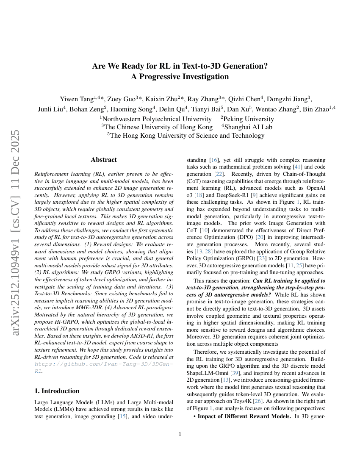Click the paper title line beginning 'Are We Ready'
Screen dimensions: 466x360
tap(180, 66)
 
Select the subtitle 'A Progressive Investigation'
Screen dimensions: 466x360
tap(180, 77)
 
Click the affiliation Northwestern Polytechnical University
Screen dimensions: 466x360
tap(156, 119)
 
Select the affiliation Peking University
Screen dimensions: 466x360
tap(248, 119)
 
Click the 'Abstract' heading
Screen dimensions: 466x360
tap(104, 160)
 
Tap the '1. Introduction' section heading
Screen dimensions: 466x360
tap(56, 391)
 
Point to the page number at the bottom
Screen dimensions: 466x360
tap(180, 434)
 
